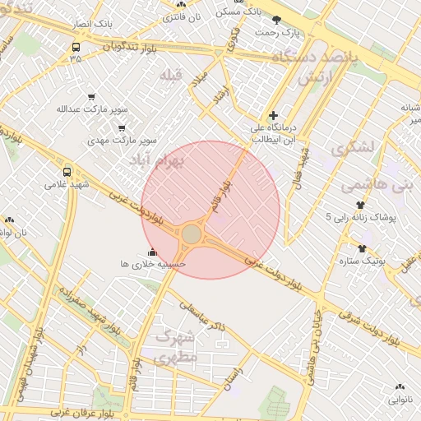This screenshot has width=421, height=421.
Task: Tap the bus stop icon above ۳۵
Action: pos(76,47)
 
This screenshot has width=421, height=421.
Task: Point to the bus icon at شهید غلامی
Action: pos(67,173)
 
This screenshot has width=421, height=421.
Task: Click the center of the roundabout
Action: pos(192,235)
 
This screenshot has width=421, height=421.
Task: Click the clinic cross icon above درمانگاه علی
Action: pos(273,115)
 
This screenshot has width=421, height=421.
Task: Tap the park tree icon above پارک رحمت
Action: pos(276,20)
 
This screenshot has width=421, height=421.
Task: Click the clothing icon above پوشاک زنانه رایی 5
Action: pos(360,205)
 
